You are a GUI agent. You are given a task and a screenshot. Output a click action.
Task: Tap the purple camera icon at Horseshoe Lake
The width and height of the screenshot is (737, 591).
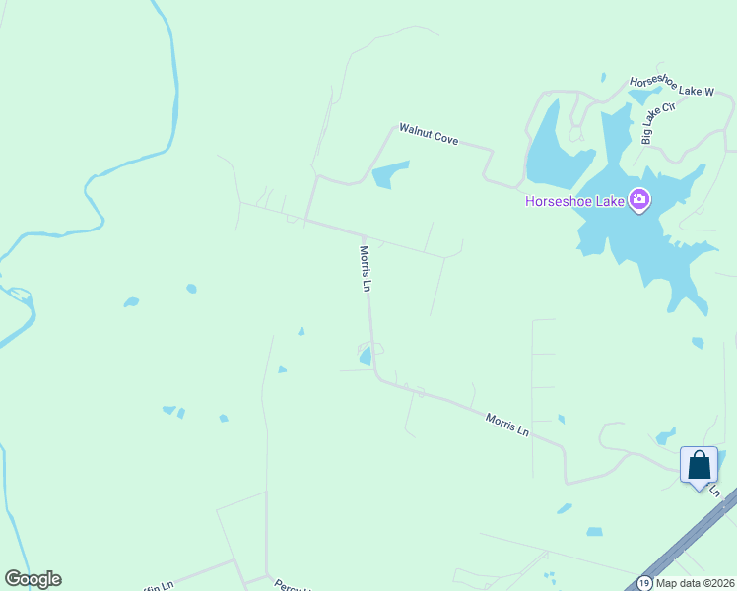[639, 201]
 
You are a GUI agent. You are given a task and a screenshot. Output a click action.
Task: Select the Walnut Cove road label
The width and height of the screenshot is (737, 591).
[429, 134]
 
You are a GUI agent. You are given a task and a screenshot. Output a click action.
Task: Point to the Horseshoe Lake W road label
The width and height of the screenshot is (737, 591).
[672, 86]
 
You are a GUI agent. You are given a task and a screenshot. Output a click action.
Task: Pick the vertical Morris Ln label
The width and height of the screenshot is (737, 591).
[366, 269]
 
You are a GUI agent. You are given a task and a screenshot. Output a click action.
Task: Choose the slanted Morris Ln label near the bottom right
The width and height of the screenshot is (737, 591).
[507, 425]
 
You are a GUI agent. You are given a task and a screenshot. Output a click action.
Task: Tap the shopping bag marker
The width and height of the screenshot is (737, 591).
[699, 465]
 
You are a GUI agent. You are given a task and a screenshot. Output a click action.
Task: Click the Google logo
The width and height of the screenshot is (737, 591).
[33, 579]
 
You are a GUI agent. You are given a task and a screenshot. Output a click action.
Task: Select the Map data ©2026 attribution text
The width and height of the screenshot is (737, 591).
[695, 583]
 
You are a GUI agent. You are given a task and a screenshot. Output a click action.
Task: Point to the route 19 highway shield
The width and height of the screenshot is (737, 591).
[643, 583]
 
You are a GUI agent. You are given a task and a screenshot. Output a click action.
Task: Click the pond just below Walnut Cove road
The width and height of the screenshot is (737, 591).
[390, 174]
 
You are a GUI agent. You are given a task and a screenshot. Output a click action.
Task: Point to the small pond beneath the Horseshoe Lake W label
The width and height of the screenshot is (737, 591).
[644, 97]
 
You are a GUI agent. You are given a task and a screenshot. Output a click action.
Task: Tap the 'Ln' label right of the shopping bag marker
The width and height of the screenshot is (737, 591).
[715, 490]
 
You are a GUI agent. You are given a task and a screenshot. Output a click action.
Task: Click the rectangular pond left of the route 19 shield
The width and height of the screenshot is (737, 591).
[594, 532]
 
